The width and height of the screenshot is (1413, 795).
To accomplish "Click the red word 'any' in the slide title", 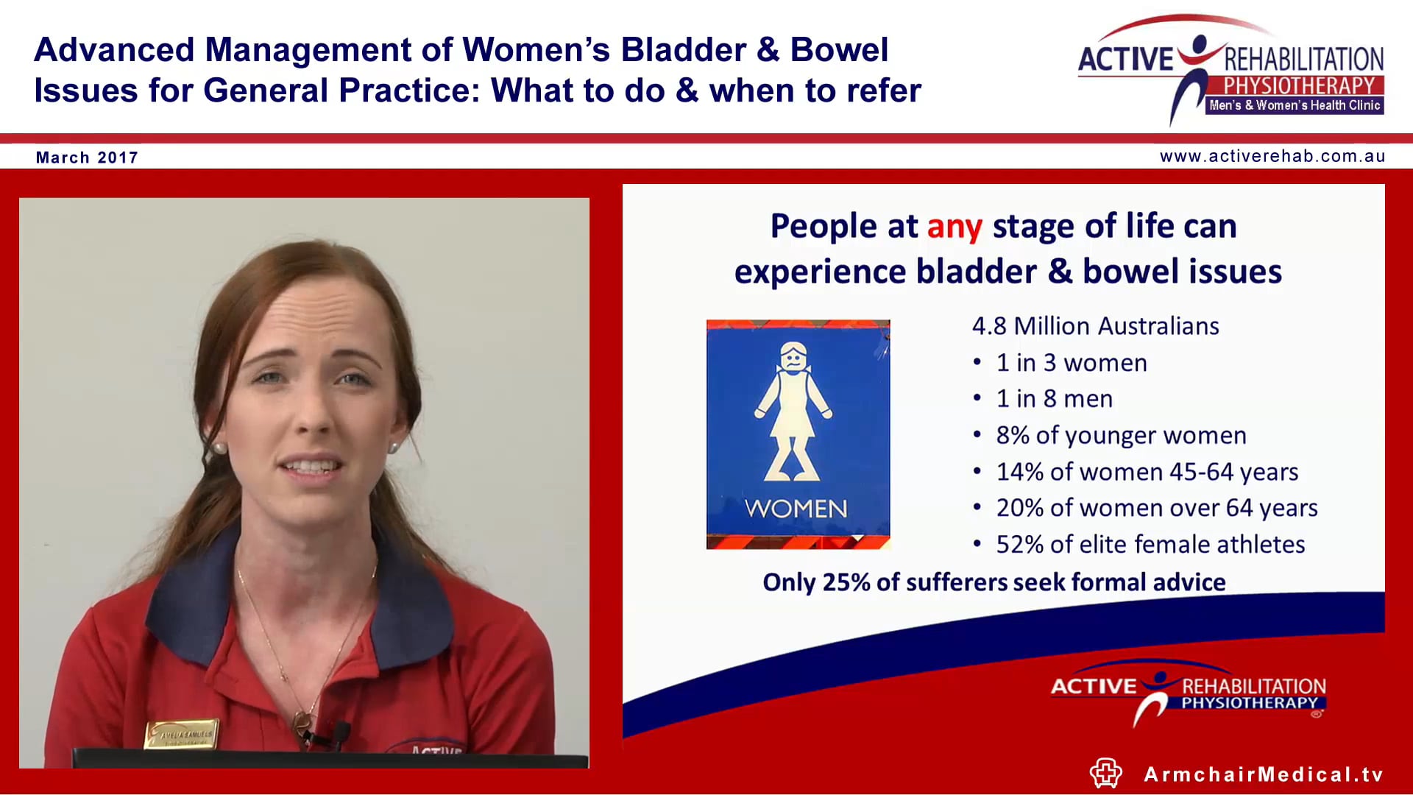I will tap(954, 227).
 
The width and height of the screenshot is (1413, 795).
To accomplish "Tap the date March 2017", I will tap(87, 158).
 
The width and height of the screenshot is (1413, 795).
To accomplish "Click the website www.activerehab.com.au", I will tap(1272, 156).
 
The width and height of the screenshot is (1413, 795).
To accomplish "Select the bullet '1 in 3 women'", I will tap(1071, 363).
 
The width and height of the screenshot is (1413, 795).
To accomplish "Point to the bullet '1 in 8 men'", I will tap(1054, 399).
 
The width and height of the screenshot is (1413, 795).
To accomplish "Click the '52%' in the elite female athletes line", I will tap(1019, 545).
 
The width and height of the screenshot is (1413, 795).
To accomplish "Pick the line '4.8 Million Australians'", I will tap(1095, 326).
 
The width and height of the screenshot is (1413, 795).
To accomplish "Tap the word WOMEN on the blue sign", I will tap(796, 509).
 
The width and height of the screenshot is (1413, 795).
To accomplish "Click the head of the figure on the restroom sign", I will tap(793, 357).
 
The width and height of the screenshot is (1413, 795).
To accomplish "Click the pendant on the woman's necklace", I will tap(301, 718).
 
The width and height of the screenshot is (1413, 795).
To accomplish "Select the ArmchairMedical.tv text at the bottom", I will tap(1264, 774).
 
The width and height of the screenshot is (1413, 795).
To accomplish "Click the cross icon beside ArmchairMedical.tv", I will tap(1105, 773).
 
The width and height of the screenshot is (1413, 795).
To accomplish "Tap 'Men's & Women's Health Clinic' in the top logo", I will tap(1295, 106).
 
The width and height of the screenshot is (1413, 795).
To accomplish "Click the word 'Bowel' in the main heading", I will tap(839, 50).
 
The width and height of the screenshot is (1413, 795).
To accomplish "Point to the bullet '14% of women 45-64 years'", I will tap(1147, 472).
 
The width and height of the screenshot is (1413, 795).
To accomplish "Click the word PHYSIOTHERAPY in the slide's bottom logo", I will tap(1249, 703).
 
